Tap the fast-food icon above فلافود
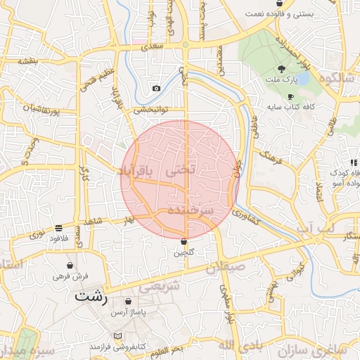click(58, 228)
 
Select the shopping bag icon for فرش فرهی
click(69, 265)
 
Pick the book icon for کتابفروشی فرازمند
click(117, 335)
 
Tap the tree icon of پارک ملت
click(282, 69)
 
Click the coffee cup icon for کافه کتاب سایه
click(290, 96)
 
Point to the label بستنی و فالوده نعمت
click(282, 14)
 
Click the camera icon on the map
click(156, 89)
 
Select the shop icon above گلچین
click(184, 241)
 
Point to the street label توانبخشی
click(152, 110)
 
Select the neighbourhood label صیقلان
click(226, 267)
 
